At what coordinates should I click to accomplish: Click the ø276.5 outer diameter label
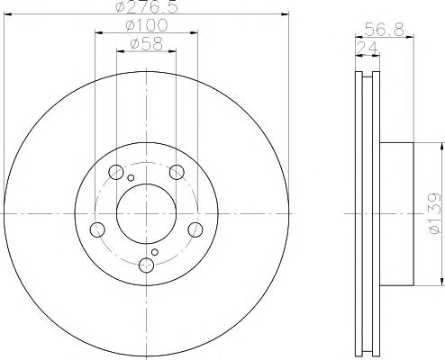pyautogui.click(x=147, y=6)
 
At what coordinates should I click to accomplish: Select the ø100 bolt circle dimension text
pyautogui.click(x=147, y=25)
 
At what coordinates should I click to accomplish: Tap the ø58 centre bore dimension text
pyautogui.click(x=147, y=44)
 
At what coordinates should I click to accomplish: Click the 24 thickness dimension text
pyautogui.click(x=367, y=48)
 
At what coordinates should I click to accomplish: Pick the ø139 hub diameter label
pyautogui.click(x=434, y=213)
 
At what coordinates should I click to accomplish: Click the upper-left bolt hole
pyautogui.click(x=116, y=172)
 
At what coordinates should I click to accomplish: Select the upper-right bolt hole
pyautogui.click(x=177, y=172)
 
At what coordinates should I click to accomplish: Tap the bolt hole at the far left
pyautogui.click(x=97, y=229)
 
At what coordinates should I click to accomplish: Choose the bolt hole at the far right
pyautogui.click(x=195, y=229)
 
